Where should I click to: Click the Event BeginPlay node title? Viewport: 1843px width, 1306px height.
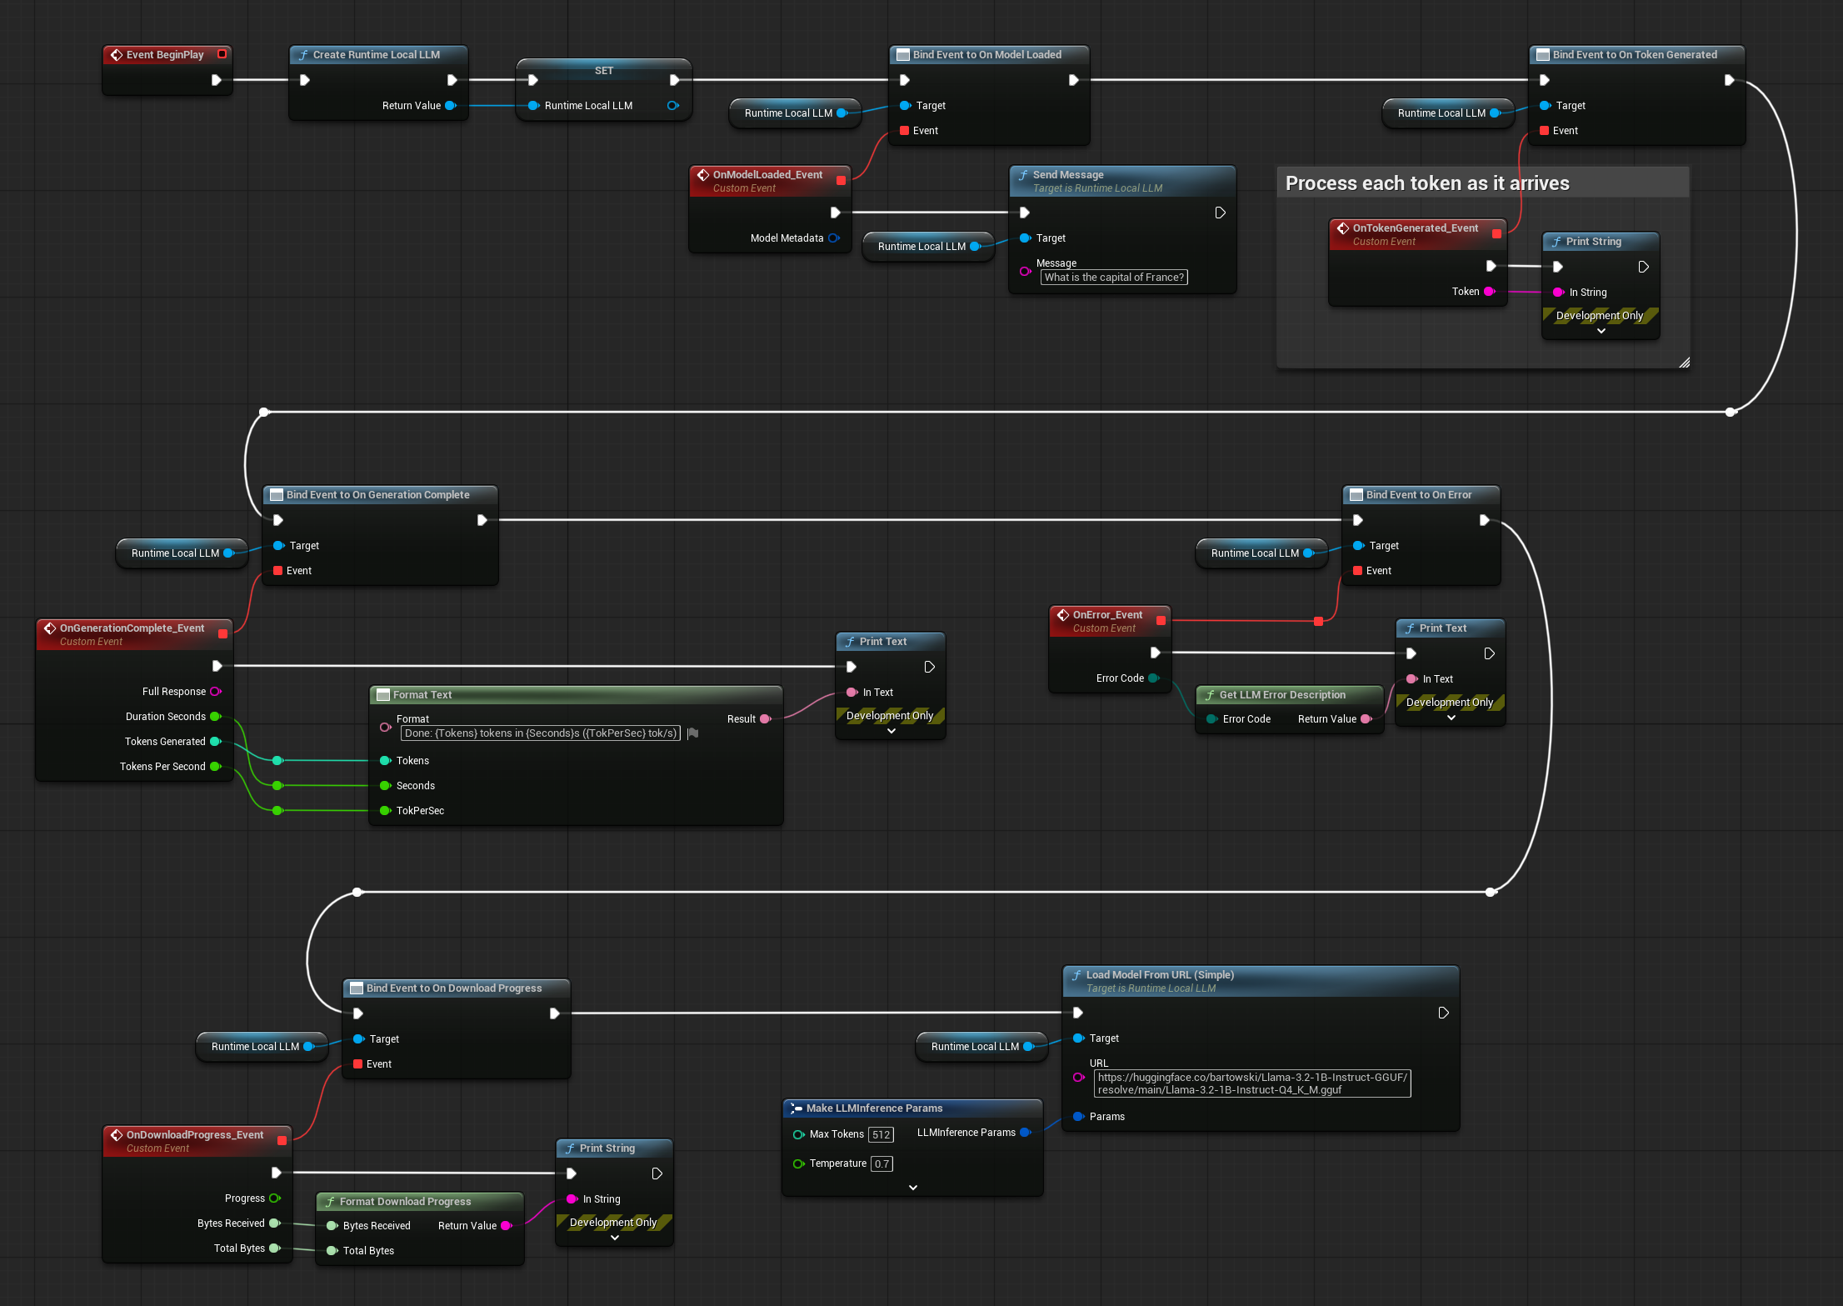click(165, 55)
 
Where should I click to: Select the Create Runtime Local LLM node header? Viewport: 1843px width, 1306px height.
click(376, 55)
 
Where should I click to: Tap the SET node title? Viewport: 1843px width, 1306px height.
click(604, 71)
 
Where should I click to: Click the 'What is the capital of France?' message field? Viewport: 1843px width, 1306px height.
click(1114, 278)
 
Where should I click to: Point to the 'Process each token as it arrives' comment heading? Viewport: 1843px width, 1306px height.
click(1426, 183)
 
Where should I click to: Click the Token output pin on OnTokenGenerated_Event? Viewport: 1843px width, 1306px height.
click(1489, 292)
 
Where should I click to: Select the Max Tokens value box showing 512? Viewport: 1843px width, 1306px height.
click(881, 1134)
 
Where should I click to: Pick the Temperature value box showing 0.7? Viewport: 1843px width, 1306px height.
click(882, 1163)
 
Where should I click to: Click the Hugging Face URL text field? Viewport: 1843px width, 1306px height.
click(1251, 1083)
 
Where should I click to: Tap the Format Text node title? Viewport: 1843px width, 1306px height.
click(422, 695)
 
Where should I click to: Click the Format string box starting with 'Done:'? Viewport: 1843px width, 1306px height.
click(540, 733)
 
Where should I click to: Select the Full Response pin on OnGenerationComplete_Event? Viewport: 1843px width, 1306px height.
click(216, 692)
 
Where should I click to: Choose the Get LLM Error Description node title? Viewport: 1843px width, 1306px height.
click(1281, 695)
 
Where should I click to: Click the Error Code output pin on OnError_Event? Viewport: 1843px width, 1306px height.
click(1153, 678)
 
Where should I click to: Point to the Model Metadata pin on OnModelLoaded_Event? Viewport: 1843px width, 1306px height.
click(833, 238)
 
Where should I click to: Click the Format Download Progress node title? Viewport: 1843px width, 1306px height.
click(405, 1202)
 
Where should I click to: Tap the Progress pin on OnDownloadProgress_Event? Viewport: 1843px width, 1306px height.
click(274, 1198)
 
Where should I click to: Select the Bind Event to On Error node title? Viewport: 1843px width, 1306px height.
click(1418, 495)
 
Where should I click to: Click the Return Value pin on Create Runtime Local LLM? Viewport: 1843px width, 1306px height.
click(451, 106)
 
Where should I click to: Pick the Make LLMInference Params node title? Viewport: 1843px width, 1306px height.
click(874, 1108)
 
